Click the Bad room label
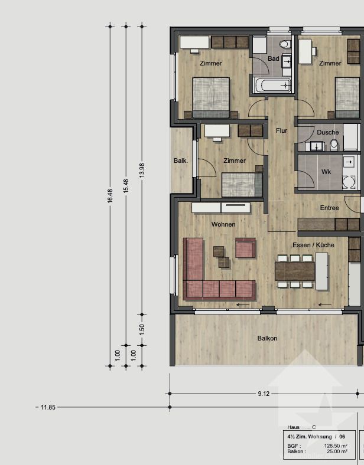[273, 58]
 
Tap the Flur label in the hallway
[281, 130]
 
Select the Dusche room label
[327, 132]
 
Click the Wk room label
[326, 172]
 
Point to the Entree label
[329, 208]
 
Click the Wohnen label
[223, 224]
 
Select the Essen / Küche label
[313, 245]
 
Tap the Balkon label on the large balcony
[267, 338]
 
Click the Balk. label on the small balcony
[181, 161]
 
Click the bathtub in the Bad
[272, 86]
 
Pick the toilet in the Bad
[284, 44]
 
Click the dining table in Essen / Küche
[295, 271]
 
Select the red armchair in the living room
[245, 248]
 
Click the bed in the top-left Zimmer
[211, 97]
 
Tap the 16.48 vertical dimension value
[109, 197]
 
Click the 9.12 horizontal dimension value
[264, 393]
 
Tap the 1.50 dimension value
[141, 329]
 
